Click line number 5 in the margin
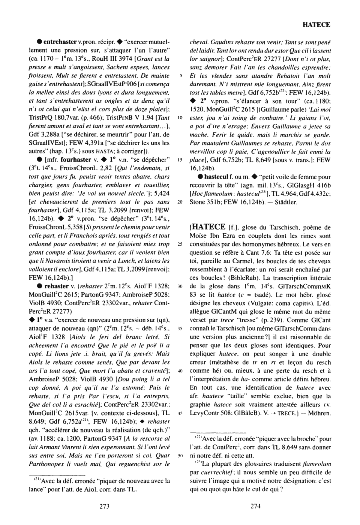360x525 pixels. pos(181,86)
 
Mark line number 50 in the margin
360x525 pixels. pos(180,456)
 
